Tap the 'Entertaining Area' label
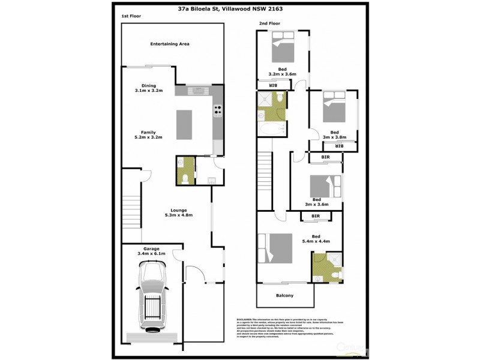tap(170, 44)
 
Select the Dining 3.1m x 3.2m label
tap(148, 88)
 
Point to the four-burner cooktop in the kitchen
tap(218, 110)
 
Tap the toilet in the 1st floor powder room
tap(186, 177)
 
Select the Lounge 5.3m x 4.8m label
tap(178, 212)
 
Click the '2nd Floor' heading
tap(269, 23)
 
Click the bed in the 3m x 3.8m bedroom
tap(334, 106)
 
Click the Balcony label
tap(284, 295)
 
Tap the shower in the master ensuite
tap(334, 259)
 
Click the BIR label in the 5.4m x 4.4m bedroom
tap(315, 216)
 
